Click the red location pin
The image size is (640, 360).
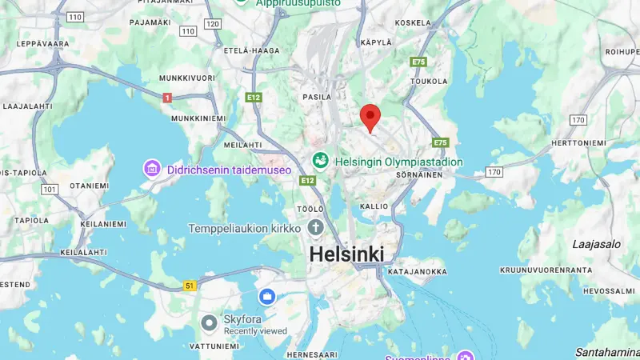[x=369, y=117]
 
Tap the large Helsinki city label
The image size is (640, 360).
[x=346, y=254]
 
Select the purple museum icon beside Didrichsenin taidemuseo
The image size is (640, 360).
[x=152, y=169]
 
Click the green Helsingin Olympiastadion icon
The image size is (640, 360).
[x=321, y=161]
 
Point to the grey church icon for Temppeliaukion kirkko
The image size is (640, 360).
[x=315, y=228]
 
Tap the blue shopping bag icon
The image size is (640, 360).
[x=267, y=298]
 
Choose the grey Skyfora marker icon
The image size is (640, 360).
[x=210, y=323]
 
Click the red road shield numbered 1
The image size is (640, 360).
[x=167, y=98]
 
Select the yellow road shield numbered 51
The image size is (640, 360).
[x=190, y=285]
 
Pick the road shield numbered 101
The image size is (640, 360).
[x=50, y=190]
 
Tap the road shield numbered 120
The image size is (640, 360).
[x=212, y=24]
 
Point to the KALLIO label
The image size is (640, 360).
[x=374, y=206]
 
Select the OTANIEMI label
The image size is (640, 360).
[x=89, y=186]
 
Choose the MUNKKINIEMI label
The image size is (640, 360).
[x=194, y=118]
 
